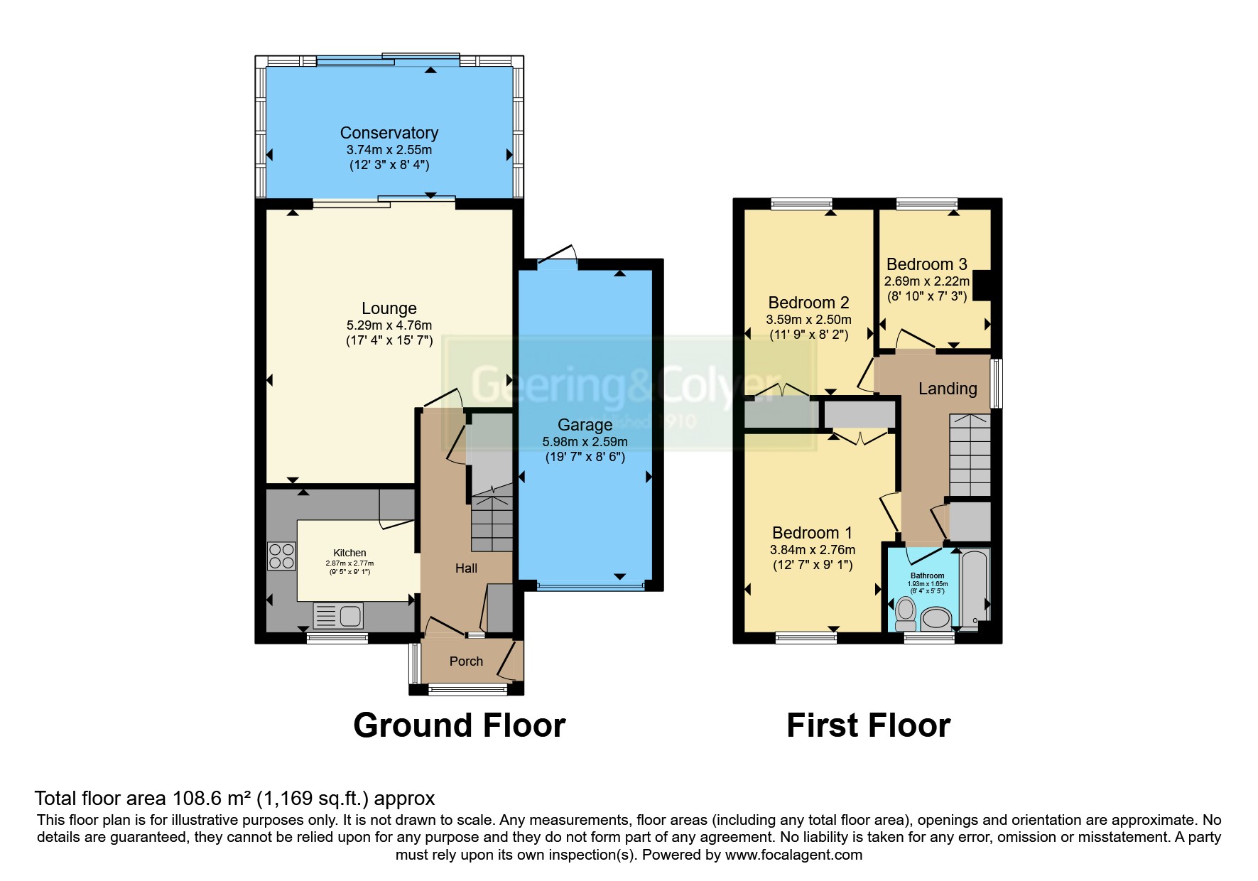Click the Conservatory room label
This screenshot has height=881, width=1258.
point(389,133)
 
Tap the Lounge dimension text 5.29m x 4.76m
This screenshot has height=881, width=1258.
point(389,325)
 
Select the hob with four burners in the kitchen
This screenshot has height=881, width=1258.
point(281,556)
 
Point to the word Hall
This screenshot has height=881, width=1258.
point(466,568)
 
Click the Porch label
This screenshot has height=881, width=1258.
point(466,661)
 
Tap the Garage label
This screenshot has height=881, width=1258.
point(585,425)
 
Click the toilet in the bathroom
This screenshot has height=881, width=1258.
point(906,614)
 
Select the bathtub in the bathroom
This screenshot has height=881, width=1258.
point(974,587)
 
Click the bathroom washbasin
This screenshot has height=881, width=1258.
point(936,618)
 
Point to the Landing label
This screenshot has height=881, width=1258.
point(947,389)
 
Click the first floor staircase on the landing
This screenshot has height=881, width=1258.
point(970,455)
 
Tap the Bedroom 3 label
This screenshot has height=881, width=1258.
point(926,264)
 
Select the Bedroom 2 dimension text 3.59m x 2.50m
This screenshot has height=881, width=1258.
point(808,320)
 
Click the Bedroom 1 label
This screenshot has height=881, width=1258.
point(812,533)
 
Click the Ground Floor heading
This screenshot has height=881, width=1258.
point(459,725)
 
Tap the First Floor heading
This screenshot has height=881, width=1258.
point(868,725)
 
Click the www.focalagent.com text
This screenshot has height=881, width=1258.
point(793,855)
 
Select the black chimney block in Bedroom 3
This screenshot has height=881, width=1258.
point(982,286)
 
